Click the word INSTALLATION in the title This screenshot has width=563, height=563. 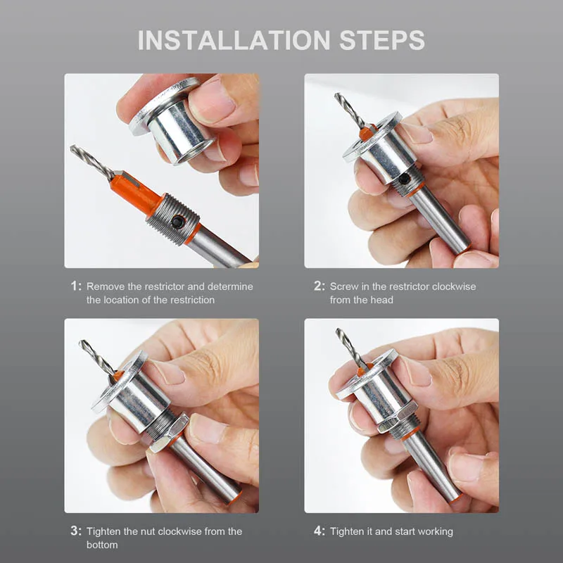click(234, 40)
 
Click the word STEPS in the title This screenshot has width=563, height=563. click(382, 40)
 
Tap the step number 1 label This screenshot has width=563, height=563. click(76, 286)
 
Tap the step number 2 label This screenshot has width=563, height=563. click(320, 286)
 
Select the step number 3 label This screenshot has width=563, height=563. click(76, 531)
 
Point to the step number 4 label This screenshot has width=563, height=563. click(320, 531)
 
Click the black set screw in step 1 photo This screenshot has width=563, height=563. click(177, 222)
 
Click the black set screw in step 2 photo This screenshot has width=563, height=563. click(404, 179)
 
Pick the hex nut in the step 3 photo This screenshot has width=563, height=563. click(169, 432)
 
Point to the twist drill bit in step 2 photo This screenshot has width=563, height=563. click(349, 110)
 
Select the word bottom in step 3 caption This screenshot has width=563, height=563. click(102, 545)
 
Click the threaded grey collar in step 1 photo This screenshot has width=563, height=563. click(173, 220)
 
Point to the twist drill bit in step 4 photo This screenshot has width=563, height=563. click(350, 346)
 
